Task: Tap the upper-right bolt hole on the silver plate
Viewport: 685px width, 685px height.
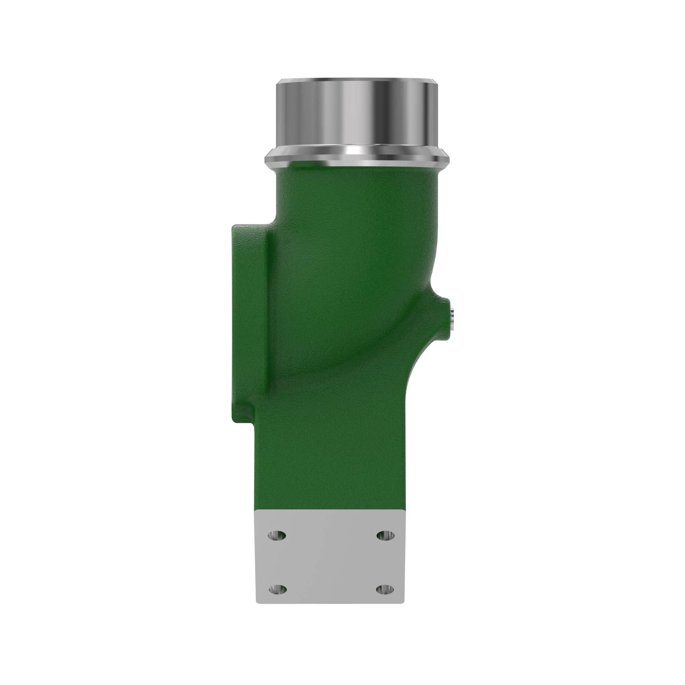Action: [x=385, y=535]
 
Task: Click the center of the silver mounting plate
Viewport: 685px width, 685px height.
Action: [x=330, y=562]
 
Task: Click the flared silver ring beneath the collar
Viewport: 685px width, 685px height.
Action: [x=358, y=158]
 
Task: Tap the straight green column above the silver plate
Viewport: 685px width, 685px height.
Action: [x=330, y=461]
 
